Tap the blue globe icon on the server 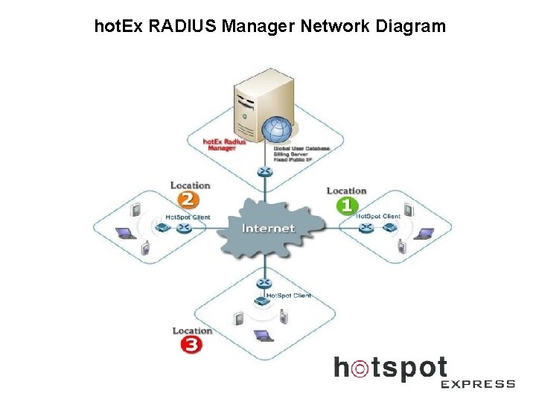pyautogui.click(x=277, y=130)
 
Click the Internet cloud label pyautogui.click(x=268, y=229)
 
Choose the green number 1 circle pyautogui.click(x=347, y=205)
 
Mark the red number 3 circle pyautogui.click(x=191, y=345)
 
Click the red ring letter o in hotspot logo pyautogui.click(x=360, y=368)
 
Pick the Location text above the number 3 pyautogui.click(x=192, y=331)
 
